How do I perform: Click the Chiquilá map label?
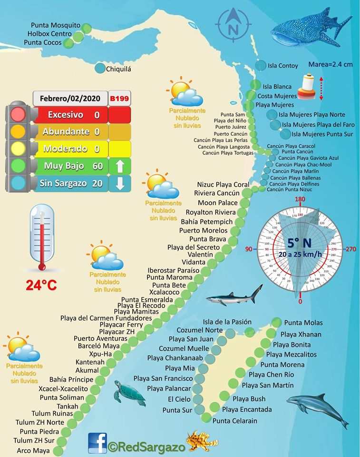click(x=118, y=69)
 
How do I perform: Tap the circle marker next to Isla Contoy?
click(x=261, y=65)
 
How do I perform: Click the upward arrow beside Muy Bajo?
click(x=119, y=166)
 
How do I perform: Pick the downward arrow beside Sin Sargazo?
click(x=119, y=184)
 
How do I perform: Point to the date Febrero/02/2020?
click(x=69, y=99)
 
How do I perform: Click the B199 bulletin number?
click(x=119, y=99)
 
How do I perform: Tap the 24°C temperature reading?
click(x=41, y=286)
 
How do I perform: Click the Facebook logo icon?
click(x=97, y=443)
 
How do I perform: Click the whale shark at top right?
click(x=309, y=29)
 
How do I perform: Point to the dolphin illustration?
click(x=318, y=408)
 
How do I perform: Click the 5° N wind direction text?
click(x=299, y=243)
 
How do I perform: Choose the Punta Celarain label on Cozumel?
click(x=235, y=420)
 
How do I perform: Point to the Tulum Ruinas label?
click(x=52, y=413)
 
